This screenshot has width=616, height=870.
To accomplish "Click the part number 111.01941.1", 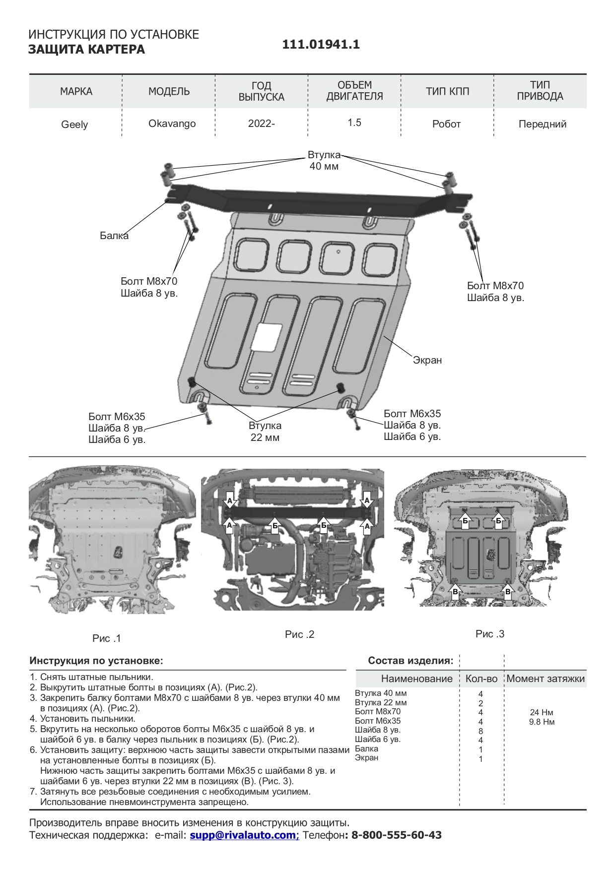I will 321,45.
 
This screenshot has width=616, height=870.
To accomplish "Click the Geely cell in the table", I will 74,124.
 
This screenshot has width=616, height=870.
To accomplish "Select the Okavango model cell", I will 172,124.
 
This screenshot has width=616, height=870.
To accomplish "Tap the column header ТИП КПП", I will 447,91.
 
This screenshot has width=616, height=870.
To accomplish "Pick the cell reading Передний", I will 542,124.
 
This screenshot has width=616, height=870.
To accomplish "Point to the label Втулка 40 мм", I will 324,161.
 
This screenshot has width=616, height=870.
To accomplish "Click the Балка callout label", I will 114,236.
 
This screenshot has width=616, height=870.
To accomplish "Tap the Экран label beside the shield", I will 427,360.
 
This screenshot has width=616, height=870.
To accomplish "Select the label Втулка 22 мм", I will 265,432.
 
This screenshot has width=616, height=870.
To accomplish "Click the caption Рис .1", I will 107,638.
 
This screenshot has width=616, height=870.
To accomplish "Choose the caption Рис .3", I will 490,634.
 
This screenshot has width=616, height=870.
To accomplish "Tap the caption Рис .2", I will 300,634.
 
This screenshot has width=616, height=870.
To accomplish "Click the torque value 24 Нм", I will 542,712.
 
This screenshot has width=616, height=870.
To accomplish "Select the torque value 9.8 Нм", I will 542,722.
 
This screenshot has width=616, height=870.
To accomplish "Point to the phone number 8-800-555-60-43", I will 396,835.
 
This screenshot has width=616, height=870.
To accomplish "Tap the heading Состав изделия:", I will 411,661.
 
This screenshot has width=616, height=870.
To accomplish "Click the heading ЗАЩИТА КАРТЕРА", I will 86,50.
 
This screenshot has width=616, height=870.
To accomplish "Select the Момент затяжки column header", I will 546,679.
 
